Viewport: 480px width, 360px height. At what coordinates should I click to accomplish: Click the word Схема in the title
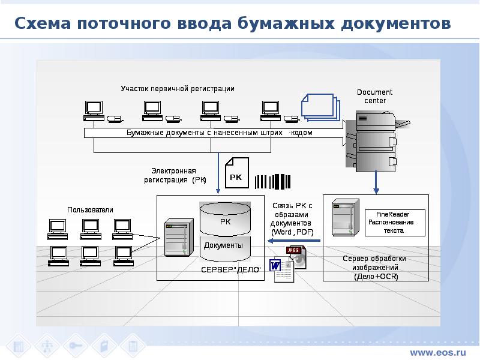coord(43,23)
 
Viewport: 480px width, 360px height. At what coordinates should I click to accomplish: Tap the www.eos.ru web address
coord(438,352)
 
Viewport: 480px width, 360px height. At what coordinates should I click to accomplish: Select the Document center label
coord(374,97)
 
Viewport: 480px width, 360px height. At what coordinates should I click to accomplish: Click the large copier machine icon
coord(377,142)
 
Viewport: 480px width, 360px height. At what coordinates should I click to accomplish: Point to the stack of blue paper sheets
coord(321,107)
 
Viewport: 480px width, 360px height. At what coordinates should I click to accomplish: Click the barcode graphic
coord(273,182)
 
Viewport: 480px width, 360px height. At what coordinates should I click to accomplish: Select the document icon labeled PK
coord(237,173)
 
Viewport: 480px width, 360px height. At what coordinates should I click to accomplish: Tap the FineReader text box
coord(395,223)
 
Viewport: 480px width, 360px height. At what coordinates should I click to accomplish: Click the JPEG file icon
coord(296,257)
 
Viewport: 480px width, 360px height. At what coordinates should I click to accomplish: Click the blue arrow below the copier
coord(376,182)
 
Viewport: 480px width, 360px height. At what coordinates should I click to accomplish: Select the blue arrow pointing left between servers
coord(293,241)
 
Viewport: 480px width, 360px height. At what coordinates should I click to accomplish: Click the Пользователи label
coord(90,210)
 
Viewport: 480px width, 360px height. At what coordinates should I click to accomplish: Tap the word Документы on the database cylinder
coord(223,245)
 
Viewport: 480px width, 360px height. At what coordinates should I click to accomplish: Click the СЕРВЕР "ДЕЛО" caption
coord(231,270)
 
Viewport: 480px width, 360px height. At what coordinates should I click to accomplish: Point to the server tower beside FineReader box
coord(346,218)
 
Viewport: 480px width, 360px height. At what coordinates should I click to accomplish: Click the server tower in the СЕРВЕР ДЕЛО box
coord(179,237)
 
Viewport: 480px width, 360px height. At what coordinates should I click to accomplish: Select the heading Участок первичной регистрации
coord(178,89)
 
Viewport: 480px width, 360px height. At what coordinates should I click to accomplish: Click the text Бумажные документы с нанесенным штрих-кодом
coord(220,133)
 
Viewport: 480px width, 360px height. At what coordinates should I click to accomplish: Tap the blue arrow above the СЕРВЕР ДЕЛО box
coord(218,173)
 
